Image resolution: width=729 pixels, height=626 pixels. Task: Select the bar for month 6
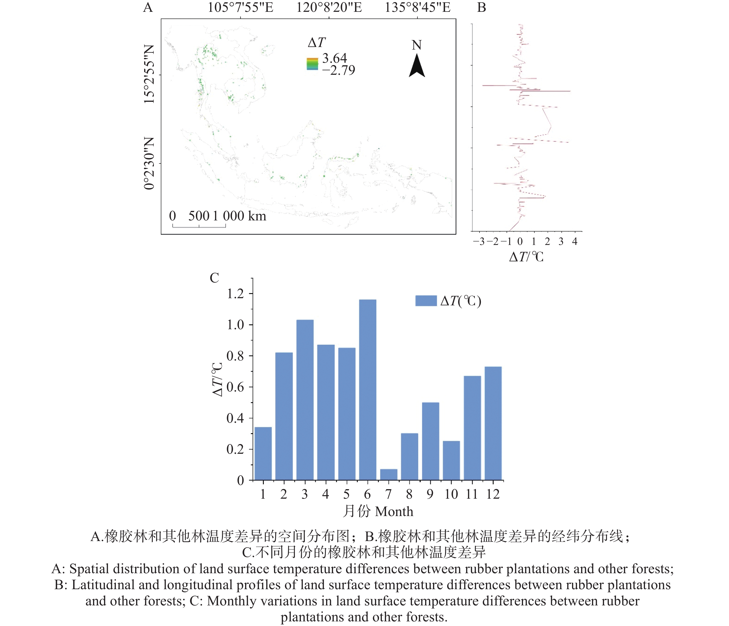[368, 390]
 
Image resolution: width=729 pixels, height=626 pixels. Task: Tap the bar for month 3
[305, 400]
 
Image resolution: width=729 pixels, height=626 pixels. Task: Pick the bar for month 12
[493, 423]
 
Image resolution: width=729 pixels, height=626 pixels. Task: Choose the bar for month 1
[263, 453]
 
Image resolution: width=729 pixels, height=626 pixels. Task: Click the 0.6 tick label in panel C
[235, 387]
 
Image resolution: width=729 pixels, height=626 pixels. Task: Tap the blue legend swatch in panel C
[426, 301]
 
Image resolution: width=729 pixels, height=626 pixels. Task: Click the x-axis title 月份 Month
[378, 511]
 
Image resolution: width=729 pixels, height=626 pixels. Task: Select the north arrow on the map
[417, 66]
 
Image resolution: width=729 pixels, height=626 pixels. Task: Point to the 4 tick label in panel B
[575, 242]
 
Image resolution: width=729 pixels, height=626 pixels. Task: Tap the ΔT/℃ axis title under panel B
[526, 257]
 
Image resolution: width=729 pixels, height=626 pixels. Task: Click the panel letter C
[214, 278]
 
